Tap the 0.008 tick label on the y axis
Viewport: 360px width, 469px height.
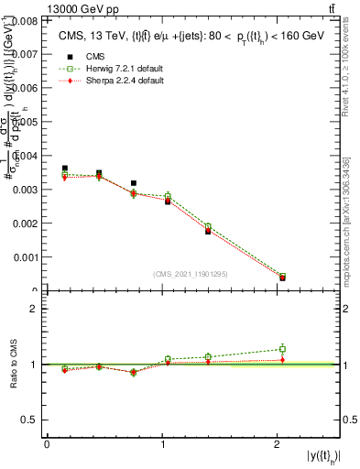(x=24, y=19)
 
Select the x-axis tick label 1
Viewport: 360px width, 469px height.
(x=163, y=444)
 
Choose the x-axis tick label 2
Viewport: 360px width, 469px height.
(x=278, y=444)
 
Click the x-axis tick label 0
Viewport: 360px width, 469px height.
(x=47, y=444)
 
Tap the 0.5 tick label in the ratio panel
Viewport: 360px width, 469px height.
(x=30, y=420)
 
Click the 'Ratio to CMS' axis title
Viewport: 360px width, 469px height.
(x=15, y=364)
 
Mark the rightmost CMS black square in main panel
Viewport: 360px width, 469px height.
(x=282, y=278)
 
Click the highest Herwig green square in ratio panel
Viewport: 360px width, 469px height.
(x=282, y=349)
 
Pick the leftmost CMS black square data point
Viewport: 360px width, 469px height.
(x=64, y=169)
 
